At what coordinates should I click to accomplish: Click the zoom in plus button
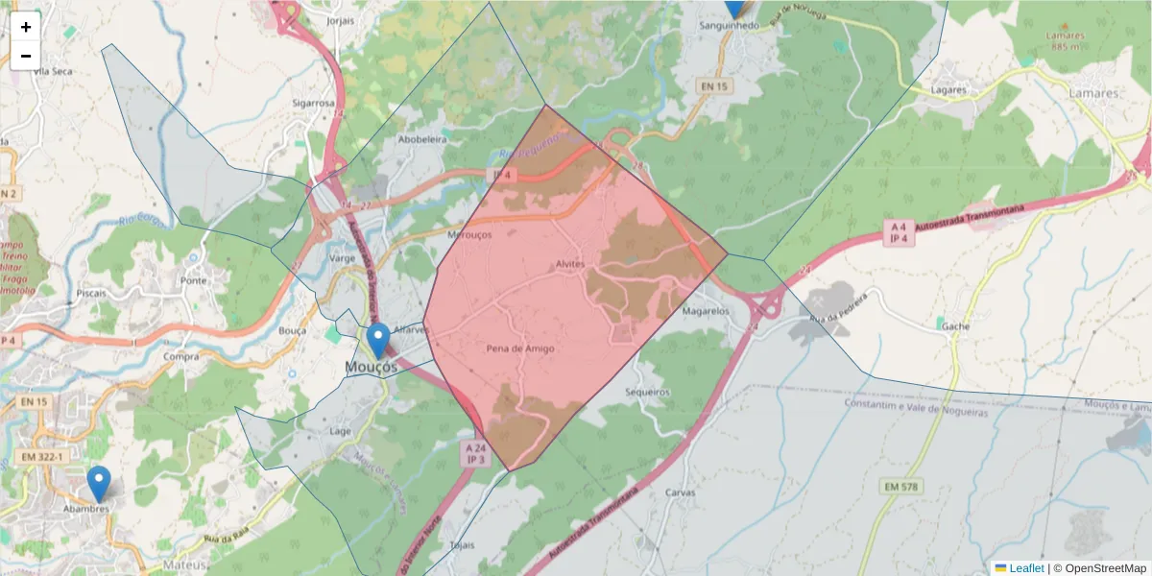pyautogui.click(x=26, y=27)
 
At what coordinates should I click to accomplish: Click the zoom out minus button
pyautogui.click(x=26, y=56)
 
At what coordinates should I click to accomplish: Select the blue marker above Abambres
pyautogui.click(x=98, y=483)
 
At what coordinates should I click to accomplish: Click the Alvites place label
pyautogui.click(x=569, y=264)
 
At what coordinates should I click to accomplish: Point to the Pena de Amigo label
pyautogui.click(x=520, y=348)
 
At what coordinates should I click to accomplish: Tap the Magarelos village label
pyautogui.click(x=706, y=311)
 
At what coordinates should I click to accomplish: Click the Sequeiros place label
pyautogui.click(x=646, y=393)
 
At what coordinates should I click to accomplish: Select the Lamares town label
pyautogui.click(x=1094, y=93)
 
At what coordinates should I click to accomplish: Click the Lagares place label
pyautogui.click(x=948, y=89)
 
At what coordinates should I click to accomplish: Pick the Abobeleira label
pyautogui.click(x=422, y=139)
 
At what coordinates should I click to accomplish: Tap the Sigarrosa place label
pyautogui.click(x=313, y=103)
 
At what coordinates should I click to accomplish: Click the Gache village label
pyautogui.click(x=955, y=326)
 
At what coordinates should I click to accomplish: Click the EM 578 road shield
pyautogui.click(x=901, y=488)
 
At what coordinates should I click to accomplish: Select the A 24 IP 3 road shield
pyautogui.click(x=477, y=453)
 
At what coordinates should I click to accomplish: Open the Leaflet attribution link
pyautogui.click(x=1026, y=568)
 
